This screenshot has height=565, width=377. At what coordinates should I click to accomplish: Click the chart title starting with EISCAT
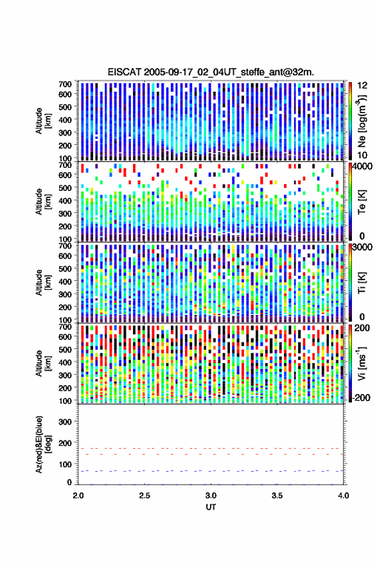211,72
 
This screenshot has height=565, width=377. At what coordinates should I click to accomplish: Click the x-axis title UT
211,507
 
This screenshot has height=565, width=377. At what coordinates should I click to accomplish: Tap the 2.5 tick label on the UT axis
145,496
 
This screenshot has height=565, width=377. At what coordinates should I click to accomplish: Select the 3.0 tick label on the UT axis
211,496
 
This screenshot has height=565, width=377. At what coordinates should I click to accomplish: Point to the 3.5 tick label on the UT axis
277,496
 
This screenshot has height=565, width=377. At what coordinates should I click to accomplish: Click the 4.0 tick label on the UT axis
344,496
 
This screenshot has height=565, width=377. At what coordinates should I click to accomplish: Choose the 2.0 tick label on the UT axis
78,496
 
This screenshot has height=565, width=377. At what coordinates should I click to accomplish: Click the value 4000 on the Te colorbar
361,167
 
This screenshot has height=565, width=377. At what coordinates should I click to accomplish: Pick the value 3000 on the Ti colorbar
361,247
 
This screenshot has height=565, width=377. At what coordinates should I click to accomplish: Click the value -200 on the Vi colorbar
361,397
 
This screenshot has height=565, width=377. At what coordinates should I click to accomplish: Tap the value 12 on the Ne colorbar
363,85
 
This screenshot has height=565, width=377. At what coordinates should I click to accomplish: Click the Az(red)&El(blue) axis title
43,444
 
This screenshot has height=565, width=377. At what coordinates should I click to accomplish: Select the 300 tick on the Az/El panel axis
65,422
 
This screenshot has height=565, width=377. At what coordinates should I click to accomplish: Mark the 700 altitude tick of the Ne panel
65,84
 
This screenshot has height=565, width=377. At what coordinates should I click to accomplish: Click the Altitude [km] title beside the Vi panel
43,363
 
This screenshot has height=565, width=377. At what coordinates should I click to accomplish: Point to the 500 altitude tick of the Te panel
65,188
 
